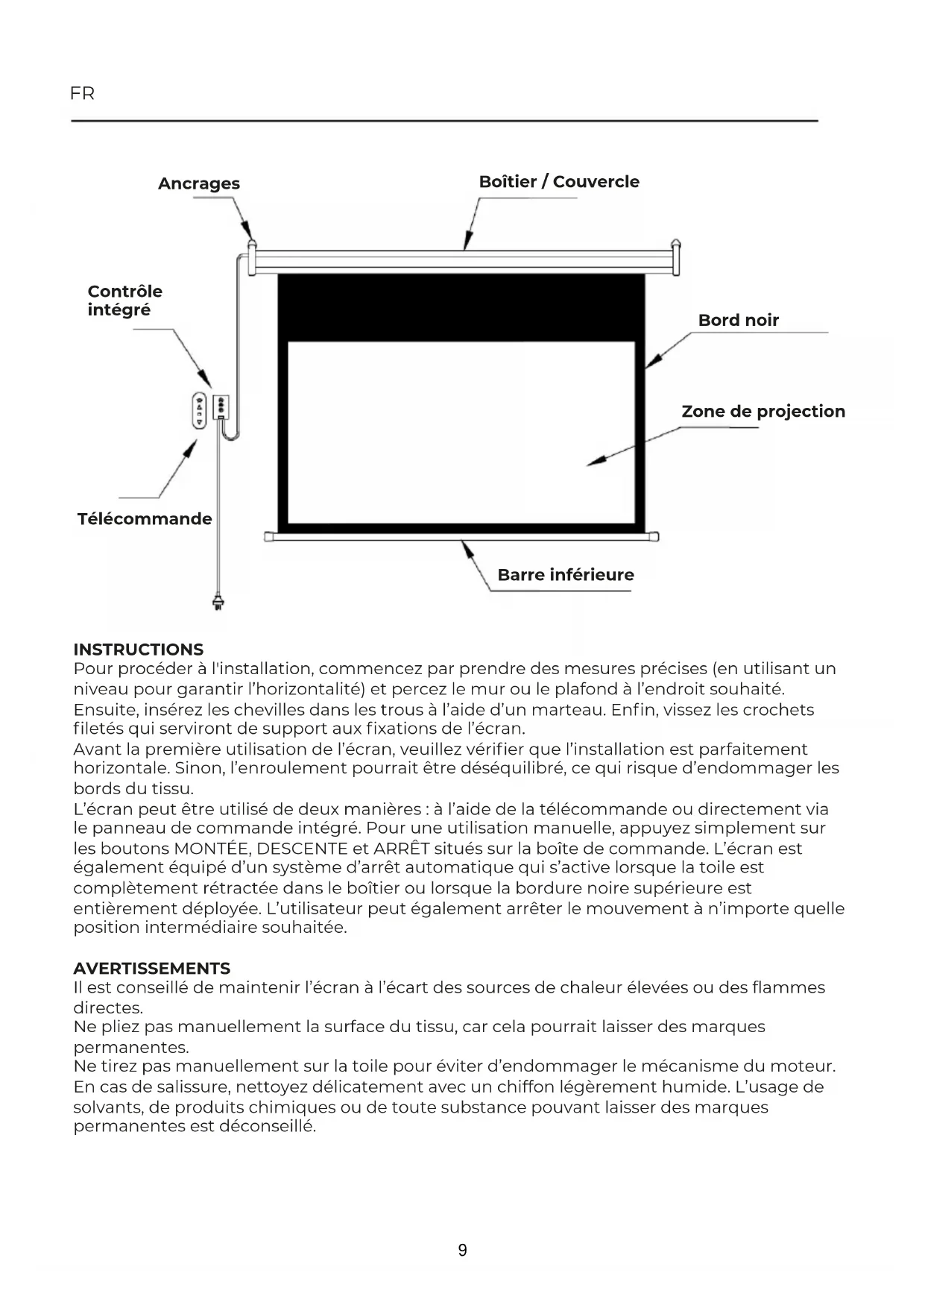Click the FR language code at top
(82, 94)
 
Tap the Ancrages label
(199, 183)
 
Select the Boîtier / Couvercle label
(559, 182)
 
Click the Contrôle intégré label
(124, 301)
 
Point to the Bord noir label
(738, 321)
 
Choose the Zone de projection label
(763, 412)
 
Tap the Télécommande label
(145, 519)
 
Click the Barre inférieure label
(566, 575)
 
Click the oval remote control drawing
(199, 410)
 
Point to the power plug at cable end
(218, 601)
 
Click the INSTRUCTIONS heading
(138, 650)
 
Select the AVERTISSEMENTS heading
(151, 969)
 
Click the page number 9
(463, 1251)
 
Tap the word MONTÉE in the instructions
(212, 849)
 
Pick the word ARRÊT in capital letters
(402, 849)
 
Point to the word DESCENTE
(302, 849)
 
